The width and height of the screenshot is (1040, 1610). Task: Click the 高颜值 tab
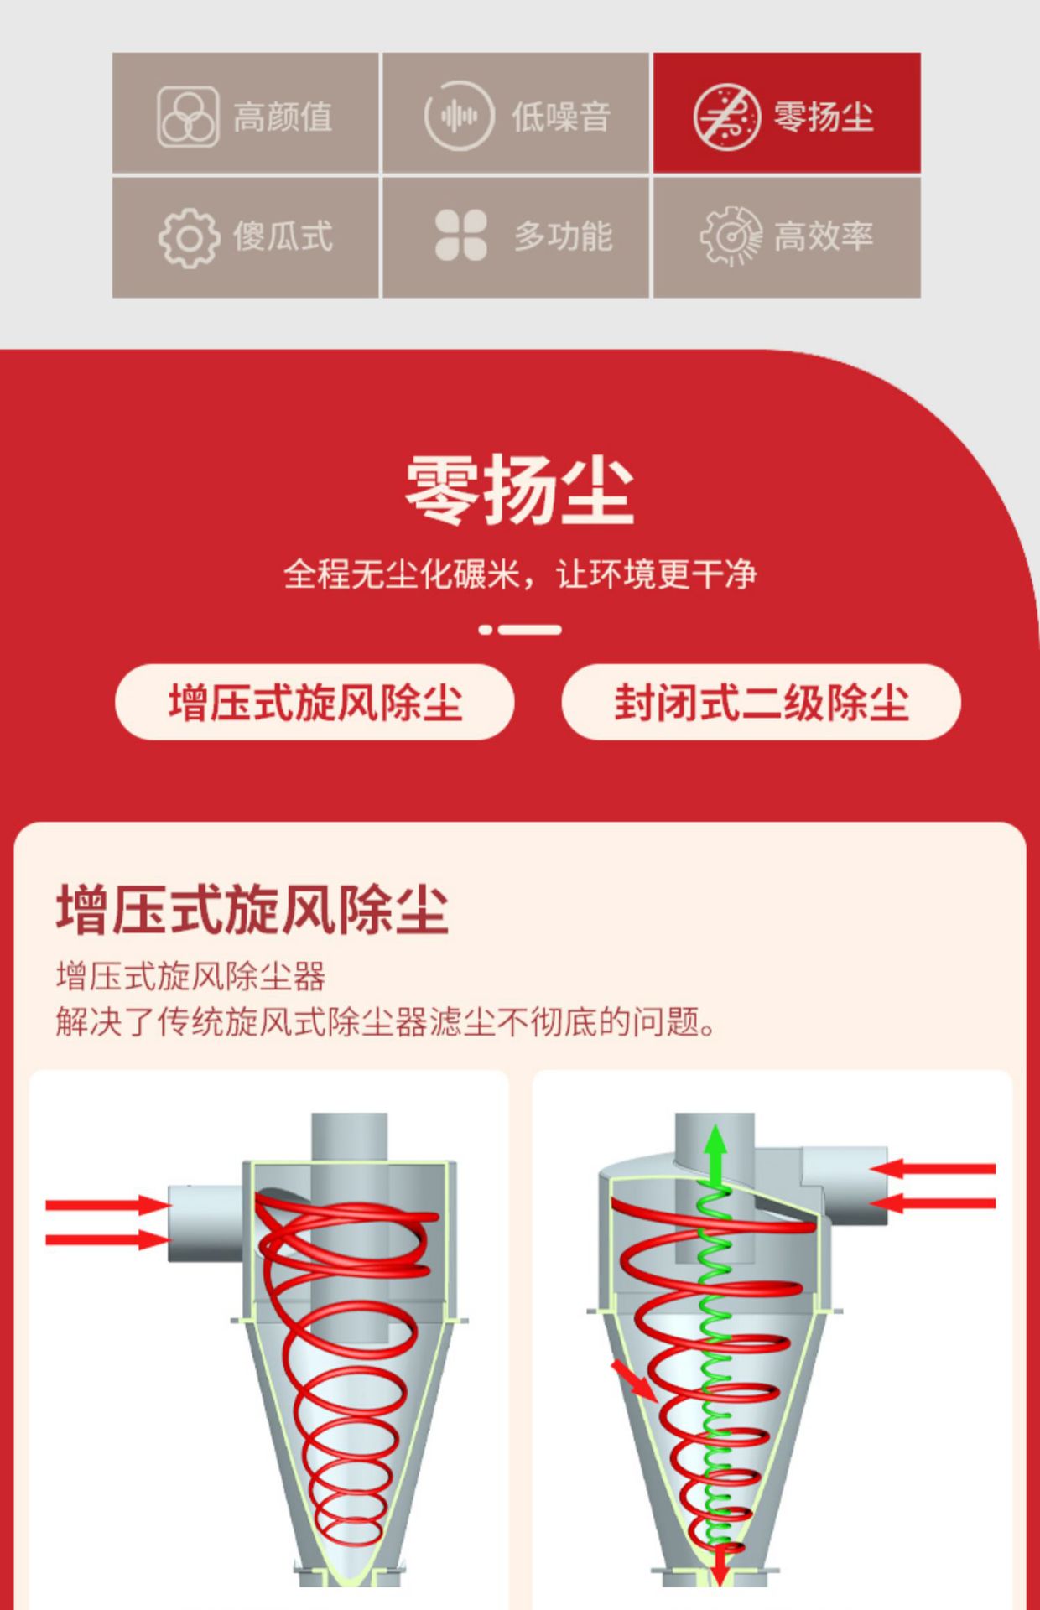[x=245, y=113]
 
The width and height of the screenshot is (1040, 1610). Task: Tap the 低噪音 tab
[x=516, y=113]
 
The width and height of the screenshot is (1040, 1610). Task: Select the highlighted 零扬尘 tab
[x=787, y=113]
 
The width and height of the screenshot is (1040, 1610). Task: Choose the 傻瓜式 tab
[x=245, y=236]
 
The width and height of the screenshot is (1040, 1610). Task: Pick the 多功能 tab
[x=516, y=236]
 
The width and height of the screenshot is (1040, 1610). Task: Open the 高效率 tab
[x=787, y=236]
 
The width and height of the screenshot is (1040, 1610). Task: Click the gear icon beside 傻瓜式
[x=189, y=238]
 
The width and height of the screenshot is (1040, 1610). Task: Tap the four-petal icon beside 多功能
[x=461, y=235]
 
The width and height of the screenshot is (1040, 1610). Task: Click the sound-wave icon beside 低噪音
[x=458, y=116]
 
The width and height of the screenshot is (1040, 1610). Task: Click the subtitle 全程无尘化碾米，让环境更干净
[x=520, y=574]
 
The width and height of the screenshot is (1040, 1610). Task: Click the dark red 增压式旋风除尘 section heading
[x=252, y=909]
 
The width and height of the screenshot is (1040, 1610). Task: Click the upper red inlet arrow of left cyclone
[x=108, y=1205]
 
